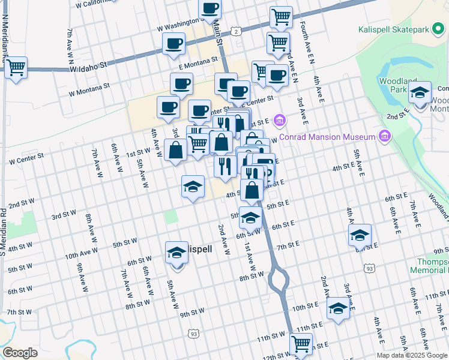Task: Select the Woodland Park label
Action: click(x=393, y=85)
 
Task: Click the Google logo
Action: click(x=20, y=352)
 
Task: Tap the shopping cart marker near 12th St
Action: click(x=301, y=344)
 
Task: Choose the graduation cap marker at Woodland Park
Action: click(x=420, y=93)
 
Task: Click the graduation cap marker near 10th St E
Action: click(x=338, y=309)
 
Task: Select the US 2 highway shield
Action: click(x=237, y=31)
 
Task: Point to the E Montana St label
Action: click(x=197, y=62)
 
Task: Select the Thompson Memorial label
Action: click(x=433, y=266)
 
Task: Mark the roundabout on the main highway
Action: click(x=278, y=280)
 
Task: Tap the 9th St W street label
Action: click(x=192, y=314)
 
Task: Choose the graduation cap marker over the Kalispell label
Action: click(x=176, y=252)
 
